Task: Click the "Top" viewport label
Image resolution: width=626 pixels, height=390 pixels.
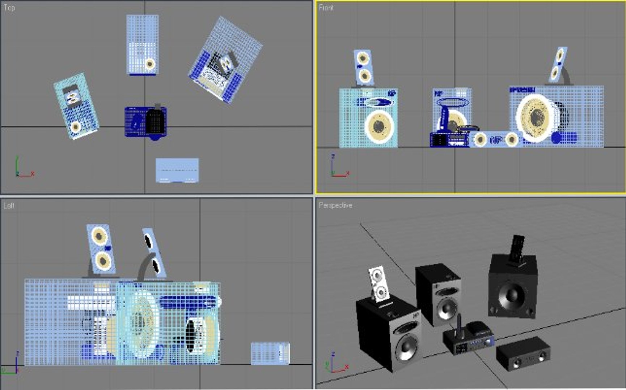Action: pos(9,8)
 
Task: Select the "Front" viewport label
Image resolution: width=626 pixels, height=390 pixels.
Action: pos(325,8)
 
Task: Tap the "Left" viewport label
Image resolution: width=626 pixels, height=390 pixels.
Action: pos(9,206)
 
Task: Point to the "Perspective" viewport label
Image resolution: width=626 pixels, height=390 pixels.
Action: pos(335,205)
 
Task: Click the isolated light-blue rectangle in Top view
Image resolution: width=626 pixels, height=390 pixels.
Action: pos(177,170)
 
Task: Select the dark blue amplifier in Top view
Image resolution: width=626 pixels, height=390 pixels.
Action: pos(145,122)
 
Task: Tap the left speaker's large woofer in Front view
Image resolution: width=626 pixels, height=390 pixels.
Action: pos(379,126)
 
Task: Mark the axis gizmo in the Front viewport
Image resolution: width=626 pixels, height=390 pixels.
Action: pos(338,168)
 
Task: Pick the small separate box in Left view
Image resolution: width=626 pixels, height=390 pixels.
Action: pos(270,353)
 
